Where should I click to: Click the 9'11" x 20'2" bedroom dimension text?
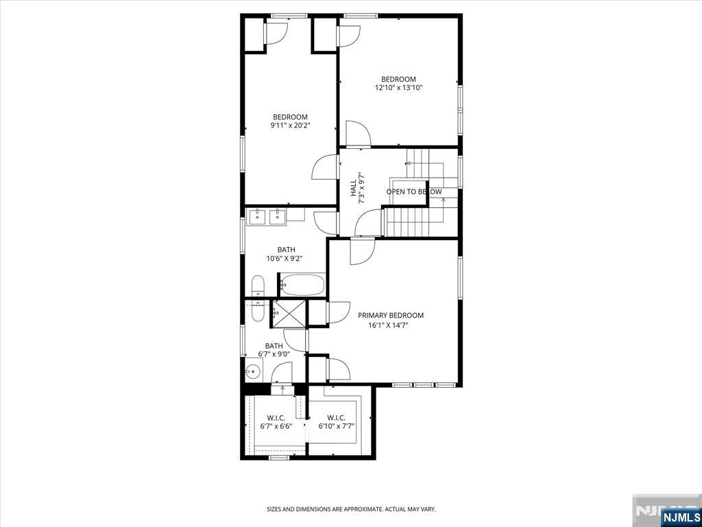click(x=290, y=126)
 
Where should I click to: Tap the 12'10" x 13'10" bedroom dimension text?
click(x=398, y=88)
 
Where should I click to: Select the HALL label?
click(x=354, y=188)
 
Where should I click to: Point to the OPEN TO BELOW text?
click(x=414, y=192)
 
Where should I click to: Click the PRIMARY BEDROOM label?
click(x=390, y=316)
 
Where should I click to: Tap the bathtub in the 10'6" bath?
click(x=302, y=285)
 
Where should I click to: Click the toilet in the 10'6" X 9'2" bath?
click(x=258, y=286)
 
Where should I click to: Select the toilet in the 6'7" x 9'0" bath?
click(x=258, y=311)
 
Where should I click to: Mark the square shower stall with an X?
click(x=289, y=313)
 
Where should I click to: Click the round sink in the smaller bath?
click(x=254, y=371)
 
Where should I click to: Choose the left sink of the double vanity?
click(x=258, y=215)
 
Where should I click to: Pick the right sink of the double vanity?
click(x=278, y=215)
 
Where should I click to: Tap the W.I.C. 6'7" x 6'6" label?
click(x=276, y=422)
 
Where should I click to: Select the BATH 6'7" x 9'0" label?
click(x=274, y=349)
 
